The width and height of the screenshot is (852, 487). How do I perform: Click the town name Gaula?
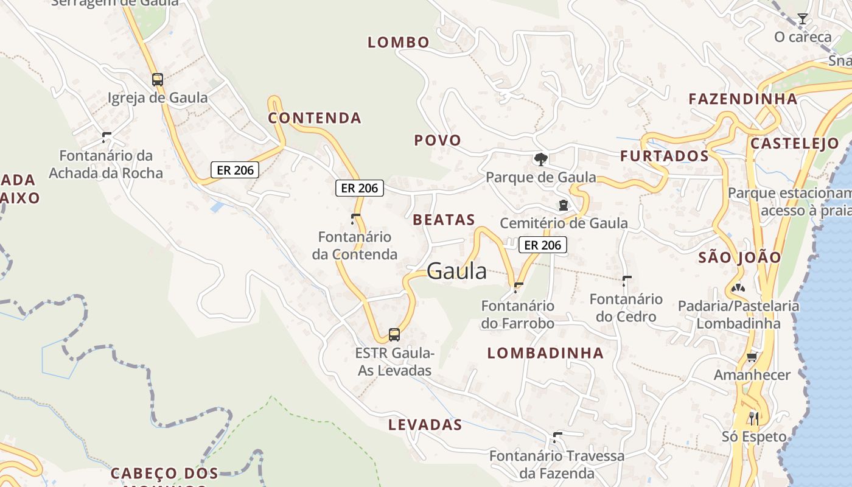click(456, 272)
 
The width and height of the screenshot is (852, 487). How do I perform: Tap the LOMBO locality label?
click(399, 42)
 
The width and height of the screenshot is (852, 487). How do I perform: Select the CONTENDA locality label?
click(315, 117)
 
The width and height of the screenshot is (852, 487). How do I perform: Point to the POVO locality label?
click(438, 140)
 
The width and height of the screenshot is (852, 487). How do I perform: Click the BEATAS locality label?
click(444, 220)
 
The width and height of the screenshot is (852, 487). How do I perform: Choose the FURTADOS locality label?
click(665, 156)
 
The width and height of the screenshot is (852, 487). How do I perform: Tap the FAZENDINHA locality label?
click(742, 99)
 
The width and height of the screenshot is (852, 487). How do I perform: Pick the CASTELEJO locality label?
click(794, 144)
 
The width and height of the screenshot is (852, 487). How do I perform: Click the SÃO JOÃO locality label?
click(739, 257)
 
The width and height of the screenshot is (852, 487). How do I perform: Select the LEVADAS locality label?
click(425, 424)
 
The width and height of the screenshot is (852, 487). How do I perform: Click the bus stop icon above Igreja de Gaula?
click(157, 79)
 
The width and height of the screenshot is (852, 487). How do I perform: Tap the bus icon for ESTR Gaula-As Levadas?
click(394, 334)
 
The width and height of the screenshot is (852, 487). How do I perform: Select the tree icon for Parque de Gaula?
click(540, 159)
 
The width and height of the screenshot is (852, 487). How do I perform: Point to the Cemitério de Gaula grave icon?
click(564, 205)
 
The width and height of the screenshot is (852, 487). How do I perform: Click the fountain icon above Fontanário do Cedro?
click(626, 281)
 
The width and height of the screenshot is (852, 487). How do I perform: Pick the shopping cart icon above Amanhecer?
click(752, 357)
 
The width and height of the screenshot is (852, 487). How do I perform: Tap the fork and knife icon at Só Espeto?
click(753, 418)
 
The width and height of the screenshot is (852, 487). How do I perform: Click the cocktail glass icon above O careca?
click(803, 19)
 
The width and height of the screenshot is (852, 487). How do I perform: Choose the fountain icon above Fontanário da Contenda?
click(355, 219)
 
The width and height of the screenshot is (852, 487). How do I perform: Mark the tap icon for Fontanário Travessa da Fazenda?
click(557, 437)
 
